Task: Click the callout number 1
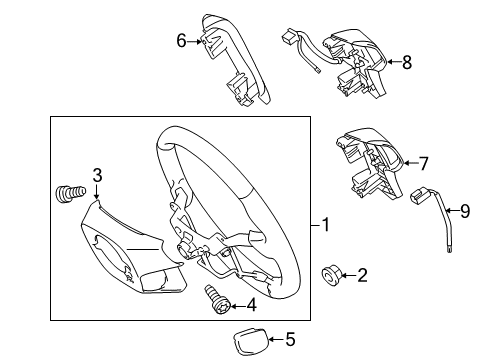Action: [326, 225]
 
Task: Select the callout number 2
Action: [363, 274]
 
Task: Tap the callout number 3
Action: [97, 176]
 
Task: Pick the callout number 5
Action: [291, 339]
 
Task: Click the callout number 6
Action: [181, 41]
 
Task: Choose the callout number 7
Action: [423, 163]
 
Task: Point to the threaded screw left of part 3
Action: [66, 190]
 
